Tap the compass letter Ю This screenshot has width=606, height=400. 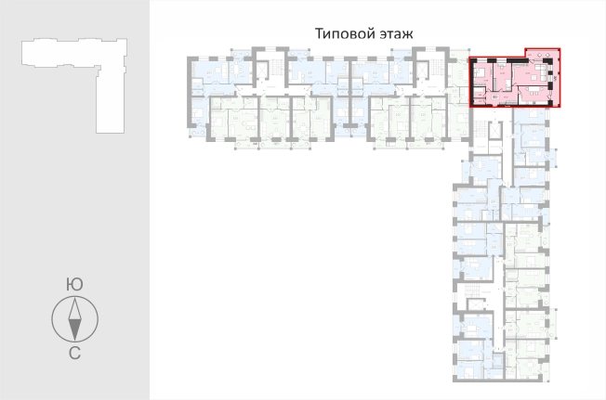click(x=73, y=283)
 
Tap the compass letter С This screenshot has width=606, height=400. click(x=73, y=353)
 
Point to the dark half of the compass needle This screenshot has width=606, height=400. click(x=74, y=329)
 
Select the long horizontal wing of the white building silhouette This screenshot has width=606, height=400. click(x=65, y=54)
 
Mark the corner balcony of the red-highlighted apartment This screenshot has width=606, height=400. click(x=542, y=53)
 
